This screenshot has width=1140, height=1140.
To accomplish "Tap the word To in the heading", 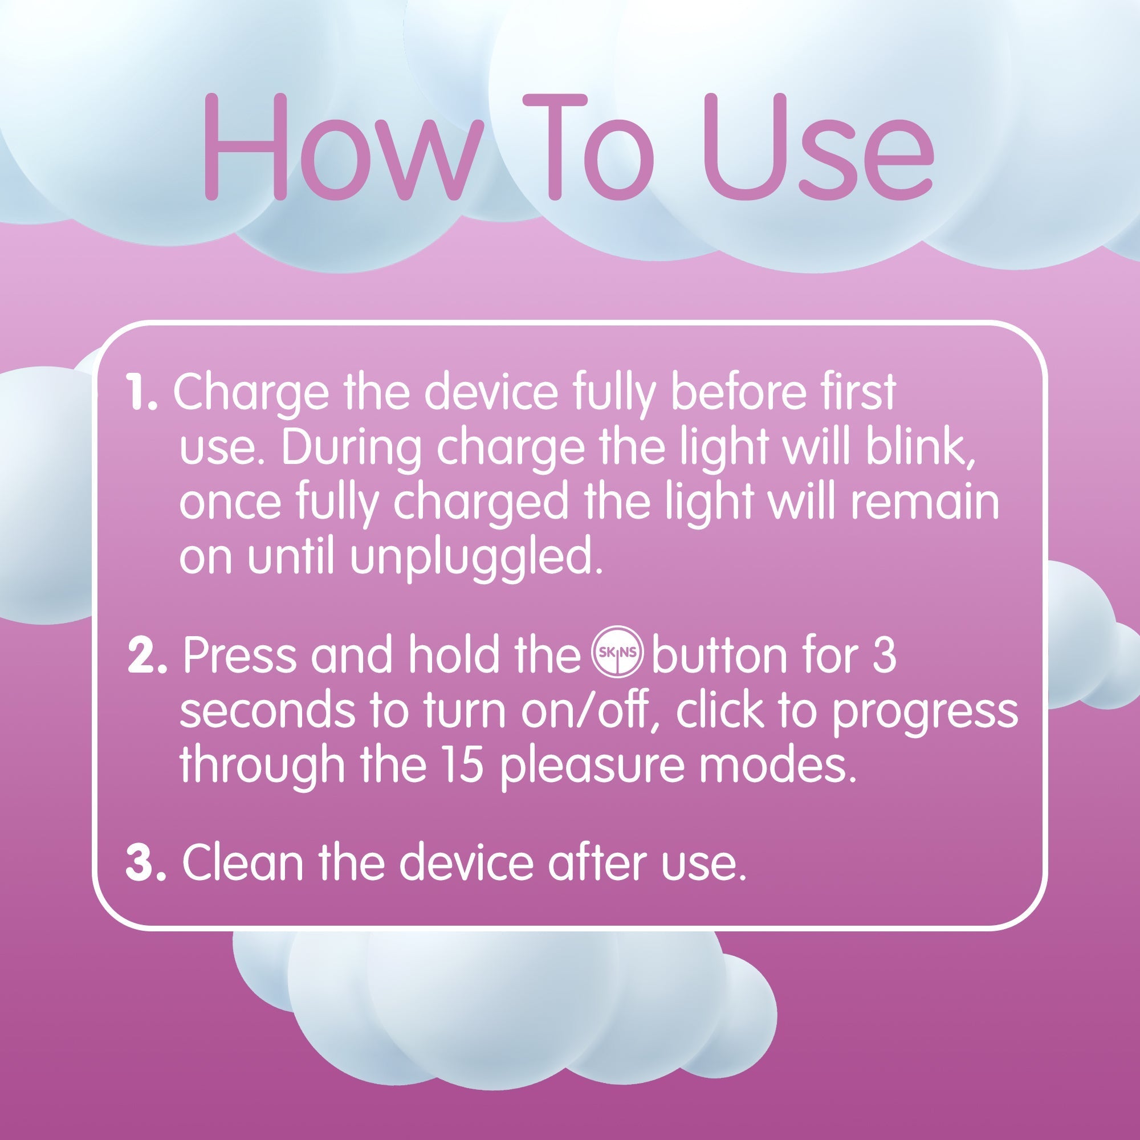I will click(x=589, y=148).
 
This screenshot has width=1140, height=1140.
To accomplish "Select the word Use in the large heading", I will click(x=817, y=148).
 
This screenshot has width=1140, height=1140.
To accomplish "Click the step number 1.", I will click(x=141, y=392).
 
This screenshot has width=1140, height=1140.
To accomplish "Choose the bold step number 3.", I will click(x=145, y=862).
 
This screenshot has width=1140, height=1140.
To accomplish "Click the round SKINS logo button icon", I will click(x=617, y=652).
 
